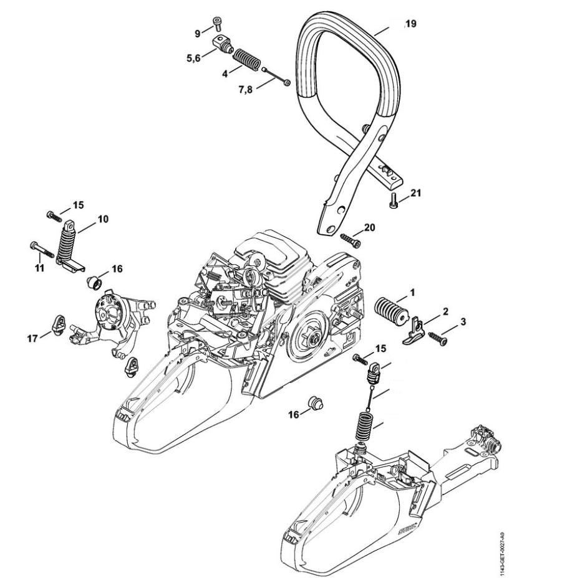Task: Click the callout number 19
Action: click(x=410, y=24)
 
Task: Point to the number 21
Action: click(x=416, y=193)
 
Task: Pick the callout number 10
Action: click(x=103, y=219)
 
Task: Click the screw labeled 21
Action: click(x=393, y=201)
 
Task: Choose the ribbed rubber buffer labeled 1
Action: click(x=390, y=308)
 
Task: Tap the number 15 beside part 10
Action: click(x=78, y=204)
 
